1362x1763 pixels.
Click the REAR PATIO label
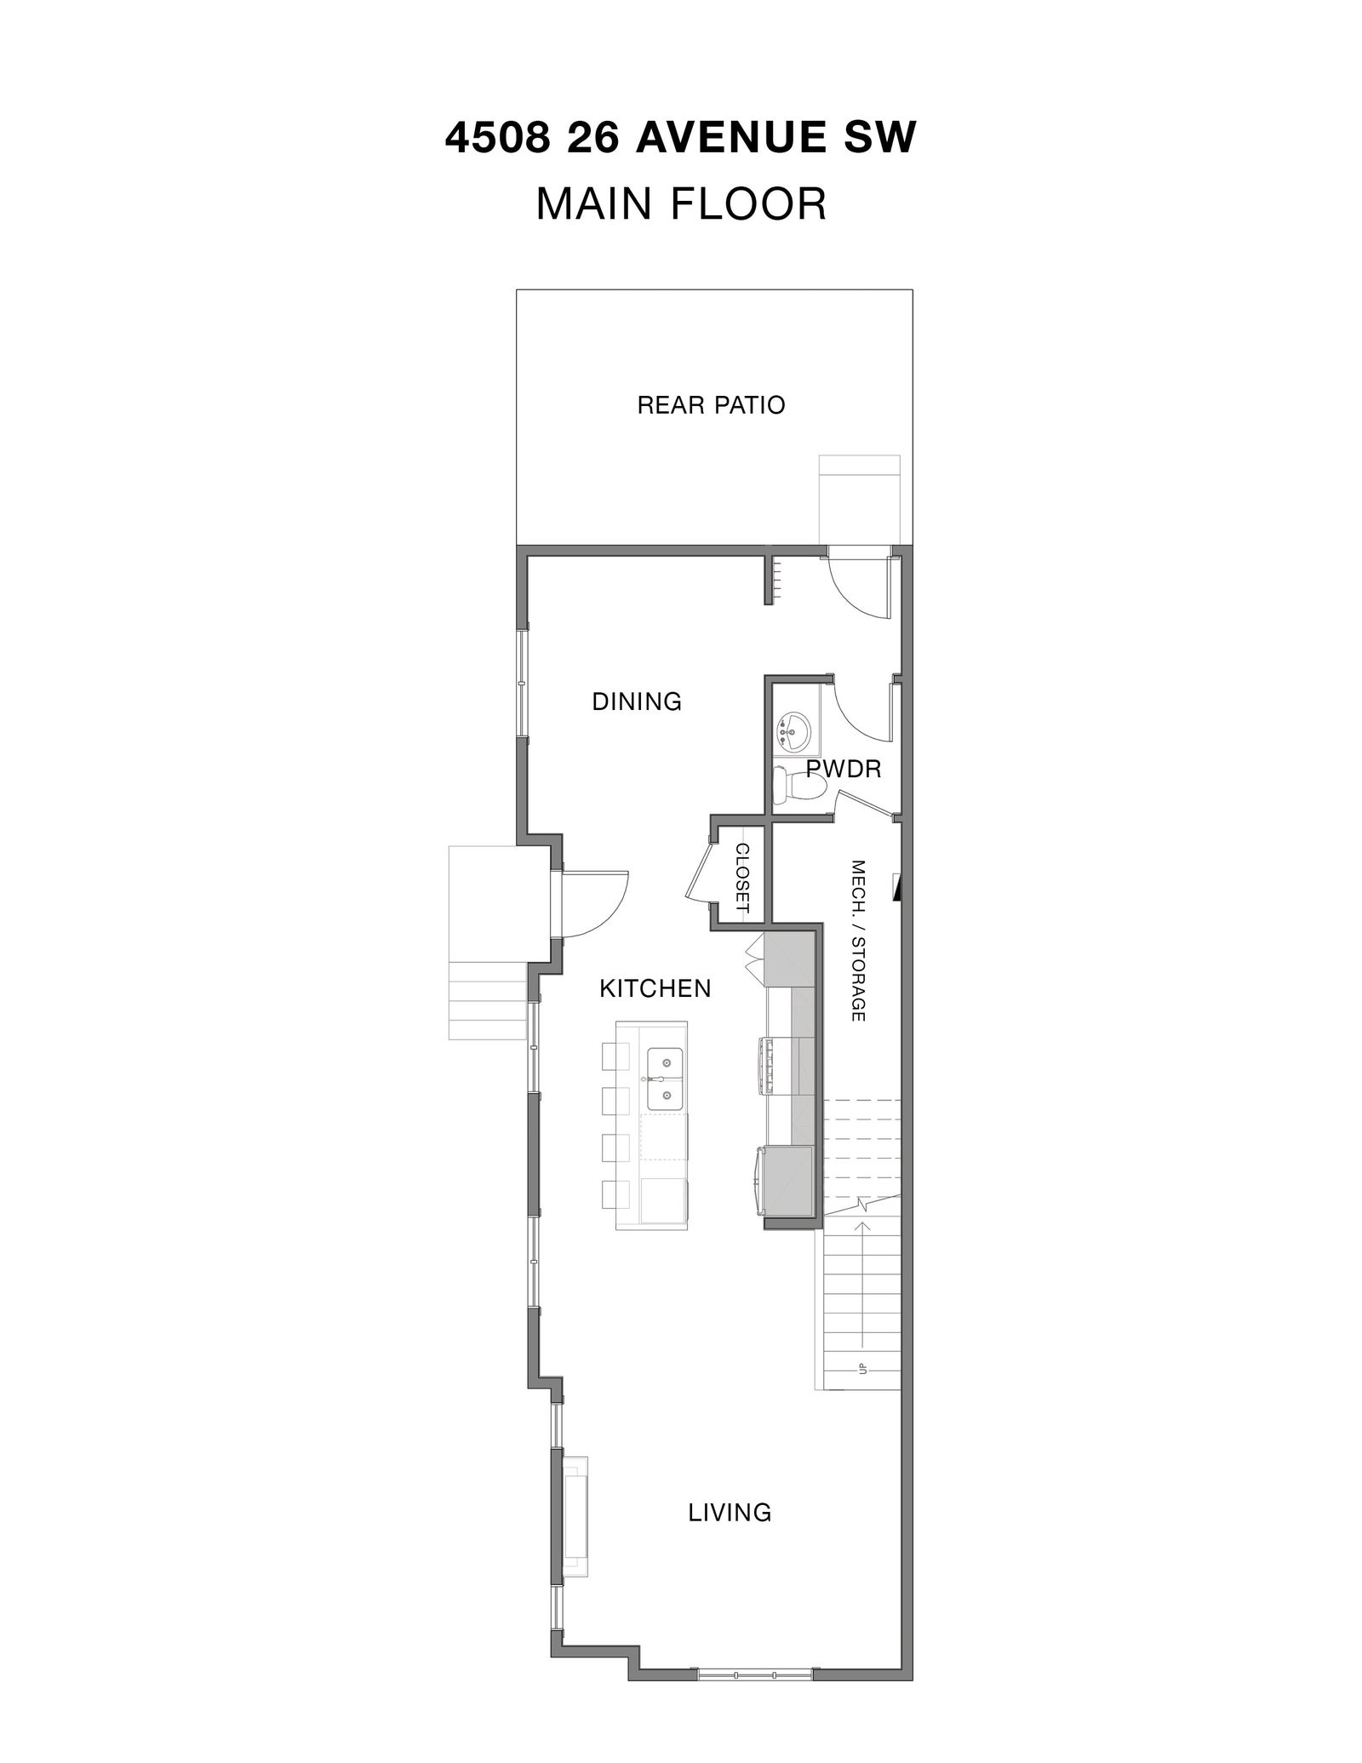(x=711, y=404)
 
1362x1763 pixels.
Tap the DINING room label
(x=637, y=701)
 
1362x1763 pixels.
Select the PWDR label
(x=843, y=770)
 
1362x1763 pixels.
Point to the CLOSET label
(x=741, y=878)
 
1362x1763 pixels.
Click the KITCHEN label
(x=655, y=988)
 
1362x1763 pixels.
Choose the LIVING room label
(x=730, y=1512)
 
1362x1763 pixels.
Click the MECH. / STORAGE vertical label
(x=858, y=940)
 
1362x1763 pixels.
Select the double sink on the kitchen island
(x=666, y=1079)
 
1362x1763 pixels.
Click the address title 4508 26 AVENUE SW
(x=681, y=138)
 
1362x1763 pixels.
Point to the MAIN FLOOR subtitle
(x=681, y=204)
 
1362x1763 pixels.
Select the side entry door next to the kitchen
(x=592, y=904)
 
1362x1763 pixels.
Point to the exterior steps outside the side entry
(x=489, y=1001)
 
